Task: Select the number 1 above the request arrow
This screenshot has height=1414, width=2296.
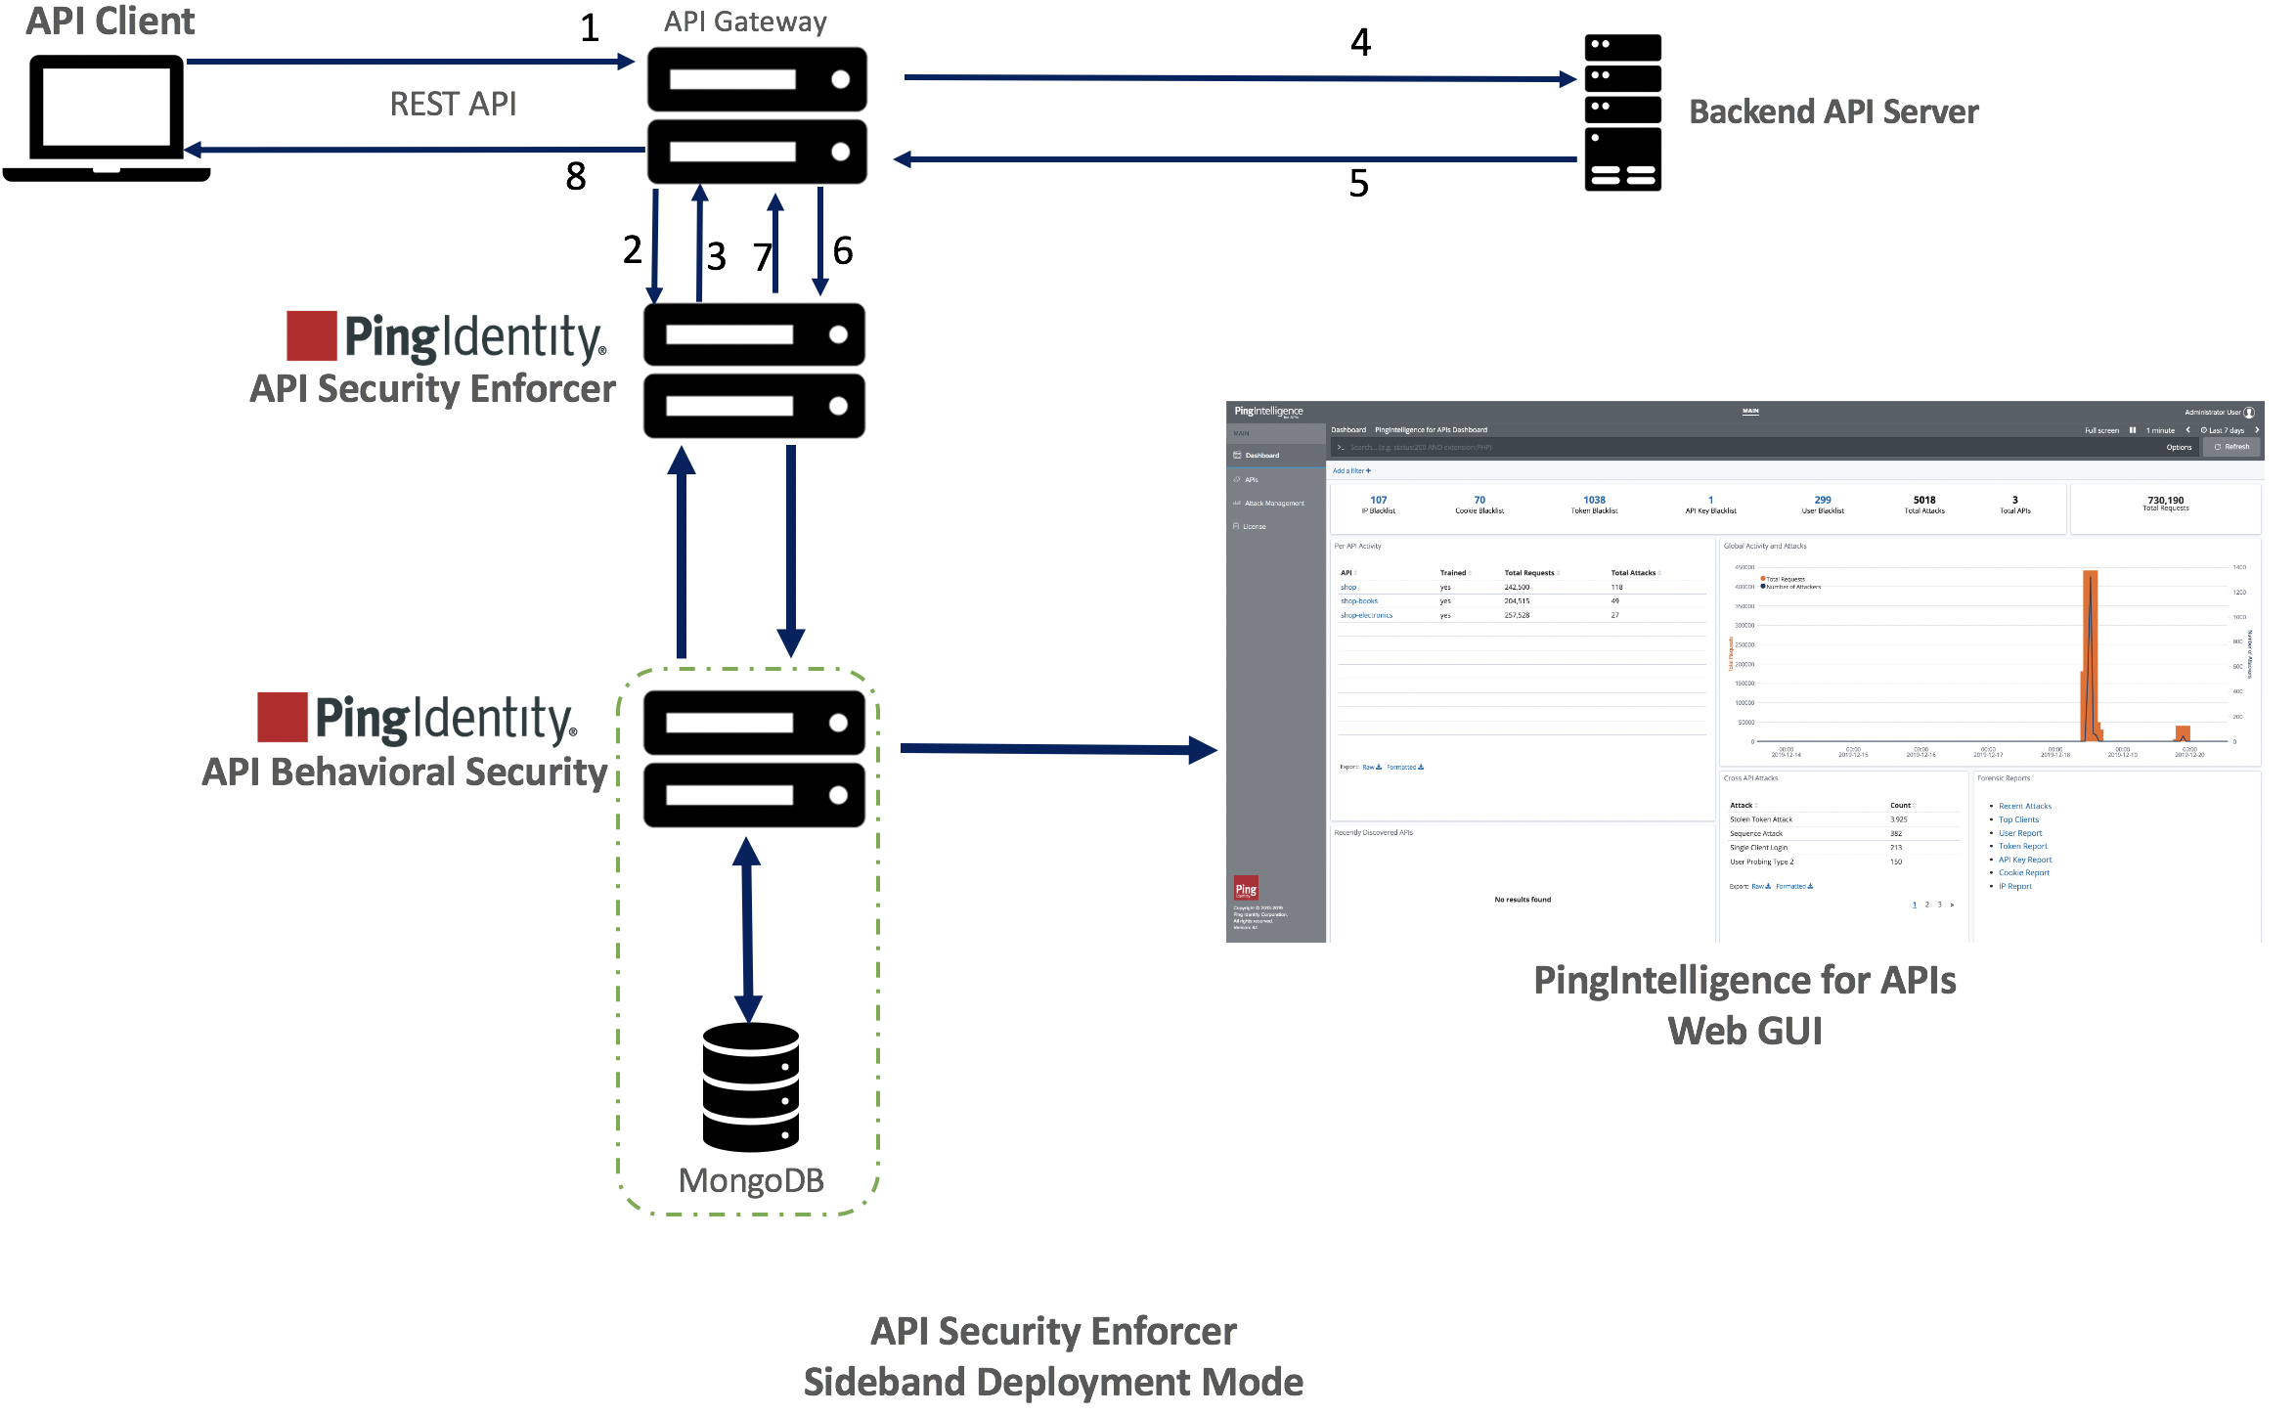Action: coord(589,27)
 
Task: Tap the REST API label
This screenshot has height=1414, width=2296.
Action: coord(453,104)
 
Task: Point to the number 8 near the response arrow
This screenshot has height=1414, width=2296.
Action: coord(576,176)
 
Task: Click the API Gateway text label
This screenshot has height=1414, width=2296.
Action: coord(745,22)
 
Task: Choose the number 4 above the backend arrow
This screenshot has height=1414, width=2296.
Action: coord(1360,42)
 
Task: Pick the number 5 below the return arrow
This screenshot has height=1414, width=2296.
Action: coord(1358,183)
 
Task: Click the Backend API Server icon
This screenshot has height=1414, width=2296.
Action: coord(1622,112)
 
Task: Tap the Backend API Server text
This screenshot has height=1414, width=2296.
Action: coord(1833,111)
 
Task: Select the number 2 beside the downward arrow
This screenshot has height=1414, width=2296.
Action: coord(633,249)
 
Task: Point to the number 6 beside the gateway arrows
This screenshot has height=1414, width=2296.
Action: coord(843,251)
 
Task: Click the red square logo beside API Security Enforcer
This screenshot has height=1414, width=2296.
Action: coord(312,335)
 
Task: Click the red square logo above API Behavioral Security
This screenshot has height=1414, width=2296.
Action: coord(283,717)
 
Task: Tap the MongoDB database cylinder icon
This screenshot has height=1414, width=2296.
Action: coord(751,1086)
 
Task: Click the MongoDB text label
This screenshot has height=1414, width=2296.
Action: coord(751,1180)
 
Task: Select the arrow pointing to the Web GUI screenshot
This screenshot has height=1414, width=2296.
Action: coord(1056,749)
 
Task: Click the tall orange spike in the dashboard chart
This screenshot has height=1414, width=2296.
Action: coord(2090,655)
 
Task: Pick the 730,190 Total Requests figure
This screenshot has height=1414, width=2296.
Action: coord(2165,503)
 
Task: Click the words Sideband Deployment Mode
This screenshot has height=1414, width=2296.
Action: coord(1053,1382)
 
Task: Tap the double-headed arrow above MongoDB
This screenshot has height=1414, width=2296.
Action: coord(748,929)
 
